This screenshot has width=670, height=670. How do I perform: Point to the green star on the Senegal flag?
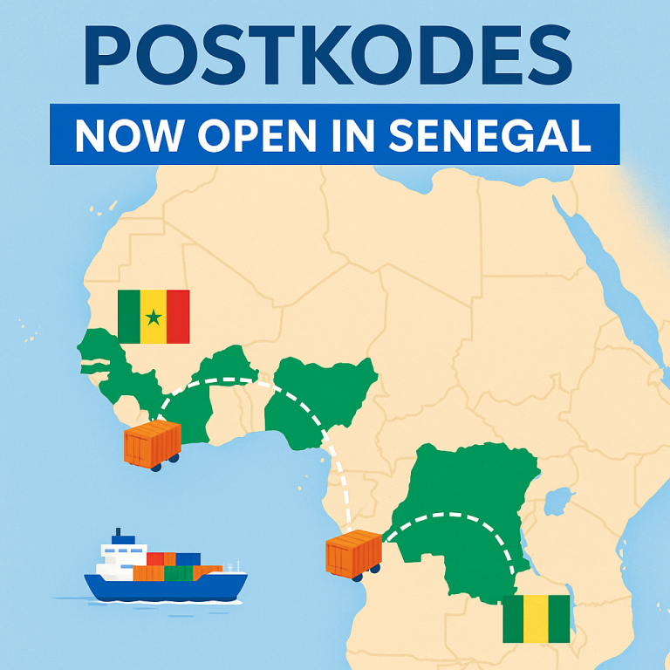154,317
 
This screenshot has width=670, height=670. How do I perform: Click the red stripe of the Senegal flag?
178,317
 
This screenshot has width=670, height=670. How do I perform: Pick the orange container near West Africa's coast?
153,443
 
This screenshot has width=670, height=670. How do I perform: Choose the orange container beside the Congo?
353,554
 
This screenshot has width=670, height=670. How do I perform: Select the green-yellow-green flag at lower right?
536,619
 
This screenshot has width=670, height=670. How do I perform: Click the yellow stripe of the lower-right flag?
536,619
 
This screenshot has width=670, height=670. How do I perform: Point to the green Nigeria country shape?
323,397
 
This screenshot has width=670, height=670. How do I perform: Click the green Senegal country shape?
96,349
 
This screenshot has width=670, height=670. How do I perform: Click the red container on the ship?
156,559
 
